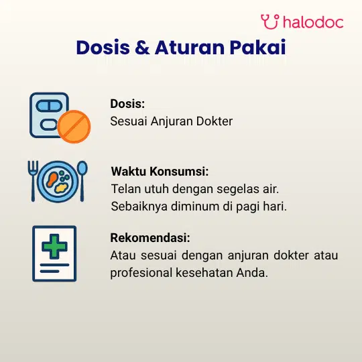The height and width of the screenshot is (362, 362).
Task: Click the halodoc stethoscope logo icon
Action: (x=269, y=21)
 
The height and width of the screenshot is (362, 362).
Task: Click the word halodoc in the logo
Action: (x=313, y=22)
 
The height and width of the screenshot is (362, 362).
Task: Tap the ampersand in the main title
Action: (x=142, y=48)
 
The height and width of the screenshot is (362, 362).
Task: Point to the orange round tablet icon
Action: (x=74, y=127)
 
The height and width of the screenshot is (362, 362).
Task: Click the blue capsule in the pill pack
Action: (x=49, y=107)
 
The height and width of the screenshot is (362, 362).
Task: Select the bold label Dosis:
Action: (x=127, y=104)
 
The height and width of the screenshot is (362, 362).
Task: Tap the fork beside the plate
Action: (x=33, y=181)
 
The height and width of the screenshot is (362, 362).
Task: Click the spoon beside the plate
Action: (x=82, y=181)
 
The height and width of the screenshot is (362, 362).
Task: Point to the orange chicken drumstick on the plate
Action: (x=52, y=180)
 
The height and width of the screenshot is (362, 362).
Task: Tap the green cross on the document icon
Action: (x=54, y=246)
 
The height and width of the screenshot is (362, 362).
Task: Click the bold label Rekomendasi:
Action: (x=150, y=238)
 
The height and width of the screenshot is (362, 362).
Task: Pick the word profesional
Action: (x=141, y=273)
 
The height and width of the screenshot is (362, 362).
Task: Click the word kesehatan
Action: (x=204, y=273)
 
